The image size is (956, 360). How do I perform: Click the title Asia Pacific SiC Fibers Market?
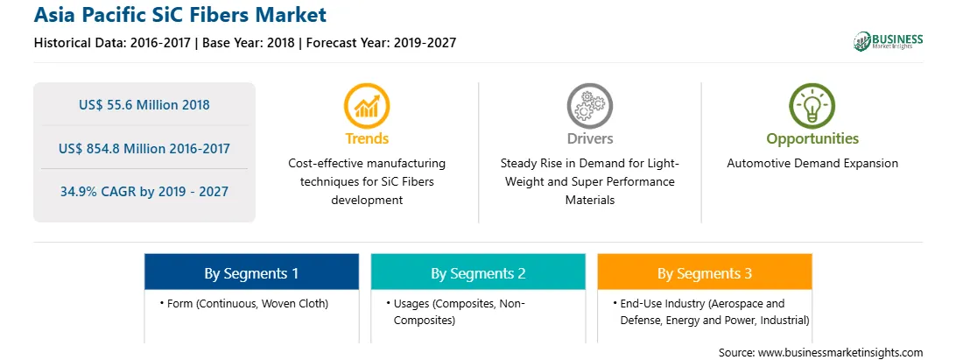click(180, 15)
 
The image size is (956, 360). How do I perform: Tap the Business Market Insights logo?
click(888, 41)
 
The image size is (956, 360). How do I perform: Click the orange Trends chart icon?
click(367, 106)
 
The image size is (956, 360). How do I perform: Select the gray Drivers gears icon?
click(589, 106)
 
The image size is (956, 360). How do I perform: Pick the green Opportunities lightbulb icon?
click(812, 106)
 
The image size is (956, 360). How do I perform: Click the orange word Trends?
click(367, 138)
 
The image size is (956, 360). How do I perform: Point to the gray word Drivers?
click(589, 138)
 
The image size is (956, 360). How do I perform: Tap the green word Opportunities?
click(812, 139)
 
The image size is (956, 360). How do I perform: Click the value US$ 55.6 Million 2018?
click(144, 105)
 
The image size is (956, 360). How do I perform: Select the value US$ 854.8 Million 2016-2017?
click(144, 148)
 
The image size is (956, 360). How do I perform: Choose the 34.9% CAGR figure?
click(144, 192)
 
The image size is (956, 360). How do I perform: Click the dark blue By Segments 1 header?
click(252, 272)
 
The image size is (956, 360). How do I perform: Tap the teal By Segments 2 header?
click(478, 272)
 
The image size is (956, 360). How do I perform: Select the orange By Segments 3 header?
click(705, 272)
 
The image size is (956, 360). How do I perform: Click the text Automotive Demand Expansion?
click(812, 164)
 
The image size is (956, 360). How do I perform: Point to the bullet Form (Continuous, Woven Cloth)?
click(244, 303)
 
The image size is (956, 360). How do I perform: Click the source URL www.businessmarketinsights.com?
click(840, 353)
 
